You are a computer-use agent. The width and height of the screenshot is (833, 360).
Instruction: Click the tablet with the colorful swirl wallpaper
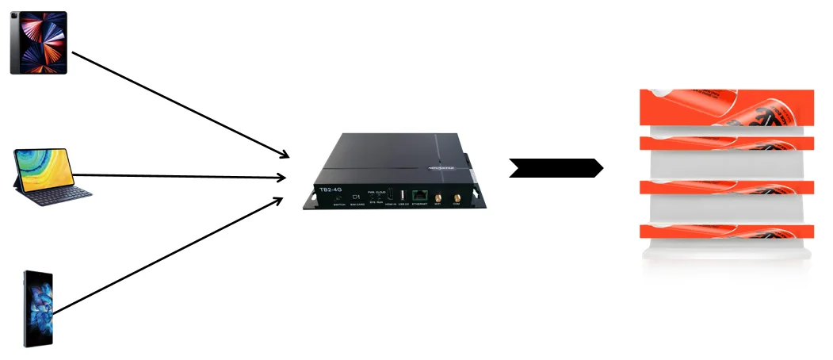tap(38, 43)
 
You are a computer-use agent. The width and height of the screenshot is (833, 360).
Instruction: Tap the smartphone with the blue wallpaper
tap(38, 308)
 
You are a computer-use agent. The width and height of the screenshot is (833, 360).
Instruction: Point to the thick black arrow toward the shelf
tap(556, 168)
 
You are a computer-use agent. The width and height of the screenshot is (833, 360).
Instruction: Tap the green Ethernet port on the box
tap(421, 195)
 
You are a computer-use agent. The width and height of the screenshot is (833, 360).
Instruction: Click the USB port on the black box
tap(403, 194)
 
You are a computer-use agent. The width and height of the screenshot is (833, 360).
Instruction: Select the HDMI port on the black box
tap(390, 194)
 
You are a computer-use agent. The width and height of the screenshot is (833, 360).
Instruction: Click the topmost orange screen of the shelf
tap(727, 108)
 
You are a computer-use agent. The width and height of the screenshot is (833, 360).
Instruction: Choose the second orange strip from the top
tap(727, 143)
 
